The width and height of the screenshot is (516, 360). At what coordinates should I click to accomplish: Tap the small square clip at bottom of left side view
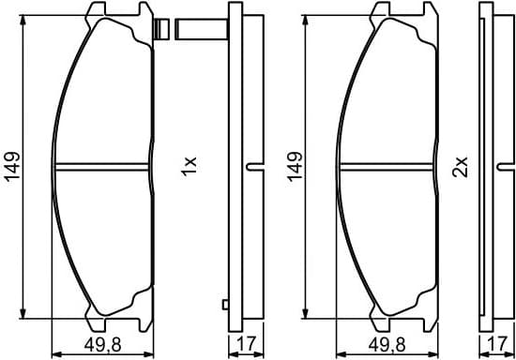224,303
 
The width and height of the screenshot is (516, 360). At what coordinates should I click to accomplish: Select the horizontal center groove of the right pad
389,168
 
